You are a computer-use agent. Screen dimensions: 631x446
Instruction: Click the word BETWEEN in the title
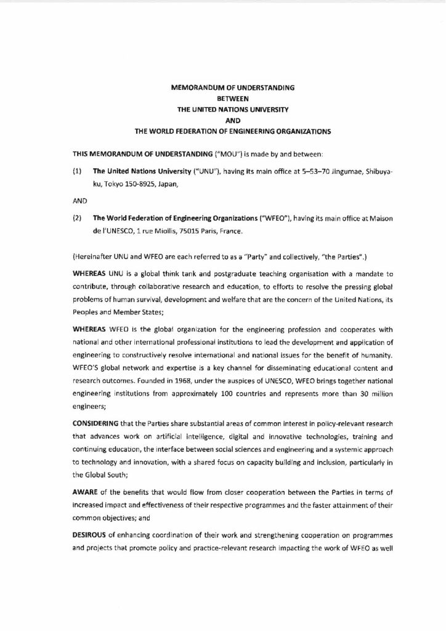233,98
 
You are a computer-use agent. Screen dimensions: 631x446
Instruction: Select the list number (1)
77,168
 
